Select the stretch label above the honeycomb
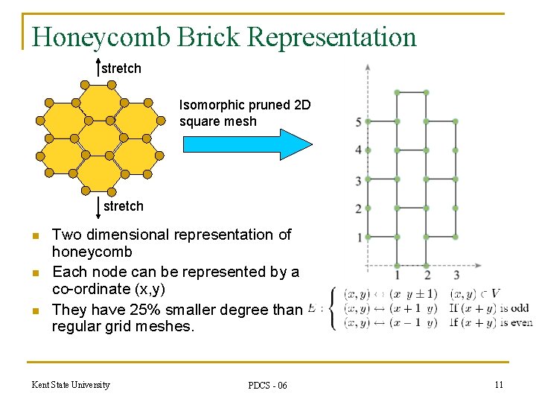click(x=121, y=68)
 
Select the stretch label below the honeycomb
click(x=124, y=206)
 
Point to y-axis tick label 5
click(x=359, y=122)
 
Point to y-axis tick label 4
click(x=359, y=150)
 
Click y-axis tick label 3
click(x=359, y=180)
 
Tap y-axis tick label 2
click(x=359, y=208)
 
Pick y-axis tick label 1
click(x=359, y=237)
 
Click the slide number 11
click(x=498, y=384)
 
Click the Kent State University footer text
click(x=71, y=384)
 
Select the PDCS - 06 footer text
click(x=267, y=385)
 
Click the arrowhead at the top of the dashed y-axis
click(x=368, y=67)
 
